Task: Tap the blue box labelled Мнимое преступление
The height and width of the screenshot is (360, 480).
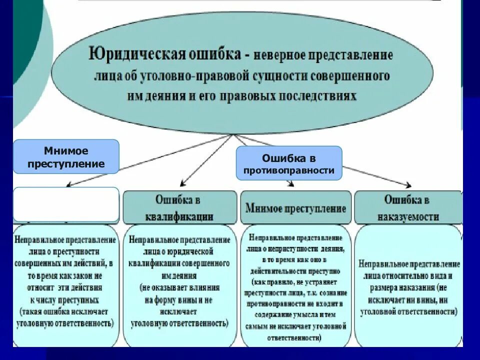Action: [x=66, y=156]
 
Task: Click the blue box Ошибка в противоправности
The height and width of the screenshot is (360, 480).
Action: [x=289, y=163]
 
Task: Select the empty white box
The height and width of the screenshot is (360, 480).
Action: [x=66, y=204]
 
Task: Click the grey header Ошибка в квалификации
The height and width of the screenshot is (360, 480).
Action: [x=179, y=207]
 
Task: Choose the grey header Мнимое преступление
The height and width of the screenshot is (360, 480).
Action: [x=295, y=208]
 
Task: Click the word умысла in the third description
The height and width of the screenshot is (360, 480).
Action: [x=298, y=314]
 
